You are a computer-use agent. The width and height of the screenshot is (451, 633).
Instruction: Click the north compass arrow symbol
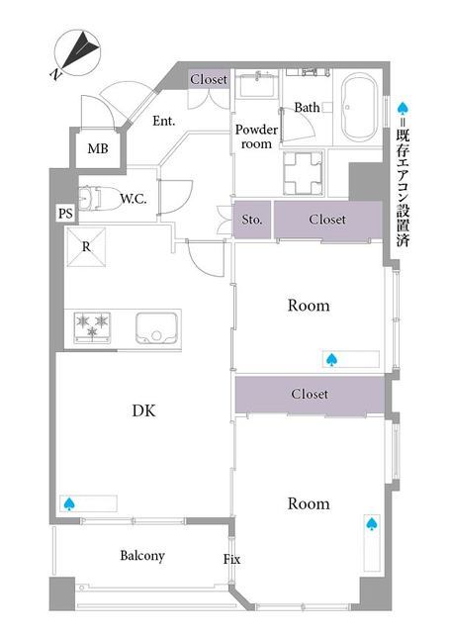click(x=80, y=50)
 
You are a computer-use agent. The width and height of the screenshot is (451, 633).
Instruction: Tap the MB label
click(x=98, y=148)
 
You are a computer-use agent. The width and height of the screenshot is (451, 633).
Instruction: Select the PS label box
click(x=65, y=213)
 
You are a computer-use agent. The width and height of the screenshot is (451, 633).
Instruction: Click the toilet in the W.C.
click(x=99, y=198)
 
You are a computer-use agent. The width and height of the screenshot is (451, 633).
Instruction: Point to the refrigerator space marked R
click(x=86, y=247)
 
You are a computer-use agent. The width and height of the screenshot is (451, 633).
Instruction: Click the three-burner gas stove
click(x=92, y=327)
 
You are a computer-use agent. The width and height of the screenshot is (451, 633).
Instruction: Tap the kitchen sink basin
click(x=156, y=327)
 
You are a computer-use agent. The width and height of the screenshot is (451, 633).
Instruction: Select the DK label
click(x=143, y=410)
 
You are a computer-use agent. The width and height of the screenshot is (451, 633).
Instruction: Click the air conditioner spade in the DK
click(x=69, y=503)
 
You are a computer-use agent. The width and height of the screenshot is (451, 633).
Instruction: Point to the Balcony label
click(x=142, y=556)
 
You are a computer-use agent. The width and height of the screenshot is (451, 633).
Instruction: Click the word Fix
click(x=231, y=559)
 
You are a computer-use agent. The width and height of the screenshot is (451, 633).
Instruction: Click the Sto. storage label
click(x=252, y=220)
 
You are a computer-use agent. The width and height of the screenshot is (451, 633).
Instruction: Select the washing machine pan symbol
click(x=304, y=173)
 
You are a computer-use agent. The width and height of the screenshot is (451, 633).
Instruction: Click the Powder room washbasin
click(x=258, y=84)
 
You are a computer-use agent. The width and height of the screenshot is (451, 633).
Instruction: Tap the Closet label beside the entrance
click(x=209, y=79)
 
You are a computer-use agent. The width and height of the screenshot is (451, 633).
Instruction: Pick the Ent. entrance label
click(x=164, y=121)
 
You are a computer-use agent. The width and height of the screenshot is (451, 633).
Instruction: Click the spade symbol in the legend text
click(x=403, y=108)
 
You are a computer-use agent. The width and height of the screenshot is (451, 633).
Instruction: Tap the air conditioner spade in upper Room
click(x=331, y=359)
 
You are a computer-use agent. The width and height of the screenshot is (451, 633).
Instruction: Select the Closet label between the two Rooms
click(x=310, y=394)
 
